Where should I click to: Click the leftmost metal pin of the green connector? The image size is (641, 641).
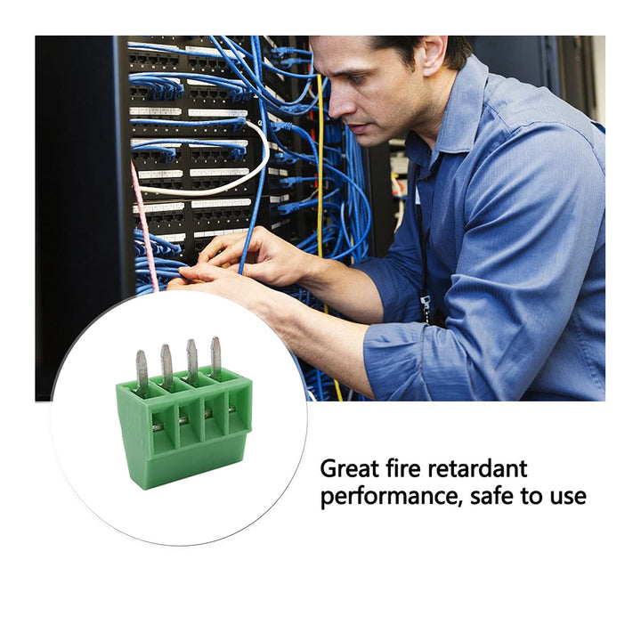tap(142, 373)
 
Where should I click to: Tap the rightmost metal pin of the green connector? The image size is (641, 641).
tap(215, 357)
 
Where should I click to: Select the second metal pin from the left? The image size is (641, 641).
tap(166, 366)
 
